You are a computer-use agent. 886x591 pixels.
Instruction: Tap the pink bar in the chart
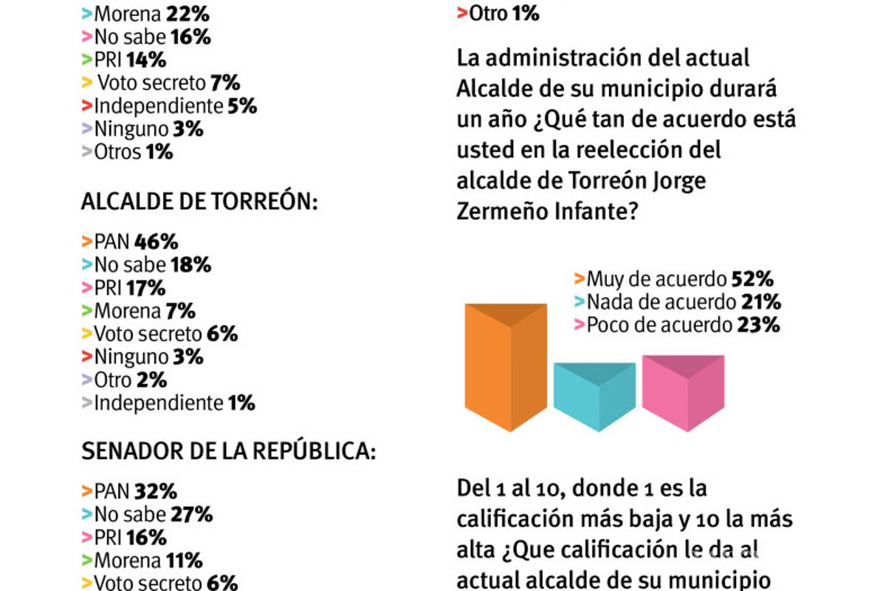683,392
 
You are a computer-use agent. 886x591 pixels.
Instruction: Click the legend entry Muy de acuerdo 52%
673,279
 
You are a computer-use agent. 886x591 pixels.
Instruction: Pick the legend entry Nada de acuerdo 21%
677,302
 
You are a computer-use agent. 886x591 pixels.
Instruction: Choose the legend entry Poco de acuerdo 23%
676,325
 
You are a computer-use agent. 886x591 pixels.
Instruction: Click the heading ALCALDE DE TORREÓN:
199,203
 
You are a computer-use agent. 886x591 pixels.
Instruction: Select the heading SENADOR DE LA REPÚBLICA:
229,452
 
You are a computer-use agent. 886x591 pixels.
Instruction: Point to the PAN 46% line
130,242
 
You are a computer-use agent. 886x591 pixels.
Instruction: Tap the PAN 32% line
130,491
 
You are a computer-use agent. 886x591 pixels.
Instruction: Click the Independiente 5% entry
170,106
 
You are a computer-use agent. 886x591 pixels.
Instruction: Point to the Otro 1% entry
499,13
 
